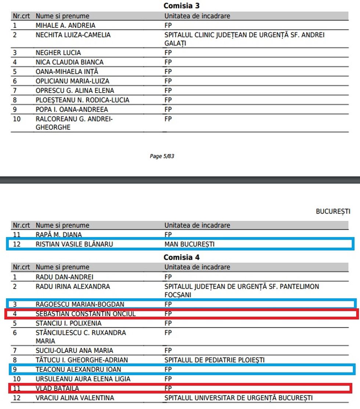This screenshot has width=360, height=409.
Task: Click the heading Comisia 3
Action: [x=181, y=6]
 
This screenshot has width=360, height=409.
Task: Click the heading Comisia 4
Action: [x=181, y=257]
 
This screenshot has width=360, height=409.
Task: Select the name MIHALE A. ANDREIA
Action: [x=65, y=26]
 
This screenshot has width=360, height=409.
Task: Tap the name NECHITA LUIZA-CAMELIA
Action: [x=73, y=35]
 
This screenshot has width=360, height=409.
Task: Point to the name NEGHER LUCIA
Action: [x=58, y=53]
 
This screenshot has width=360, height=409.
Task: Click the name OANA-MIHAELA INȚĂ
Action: [x=67, y=72]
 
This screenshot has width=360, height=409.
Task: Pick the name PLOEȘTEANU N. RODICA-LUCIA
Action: [x=82, y=100]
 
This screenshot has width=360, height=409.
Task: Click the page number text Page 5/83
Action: [x=162, y=156]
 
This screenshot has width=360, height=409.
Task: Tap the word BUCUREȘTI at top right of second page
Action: [x=333, y=212]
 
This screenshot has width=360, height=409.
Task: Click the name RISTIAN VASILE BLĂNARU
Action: [x=74, y=244]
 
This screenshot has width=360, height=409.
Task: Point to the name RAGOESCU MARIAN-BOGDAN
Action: [x=80, y=304]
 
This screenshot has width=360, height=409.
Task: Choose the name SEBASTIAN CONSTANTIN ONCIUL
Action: [x=86, y=314]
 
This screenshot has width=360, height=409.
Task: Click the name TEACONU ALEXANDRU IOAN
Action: [x=78, y=369]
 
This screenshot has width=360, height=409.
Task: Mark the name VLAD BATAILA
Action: [x=57, y=388]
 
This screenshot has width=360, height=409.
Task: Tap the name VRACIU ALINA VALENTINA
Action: [x=75, y=398]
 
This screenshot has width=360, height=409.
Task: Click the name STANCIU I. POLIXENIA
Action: [x=68, y=323]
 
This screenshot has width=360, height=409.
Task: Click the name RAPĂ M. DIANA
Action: [x=59, y=234]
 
